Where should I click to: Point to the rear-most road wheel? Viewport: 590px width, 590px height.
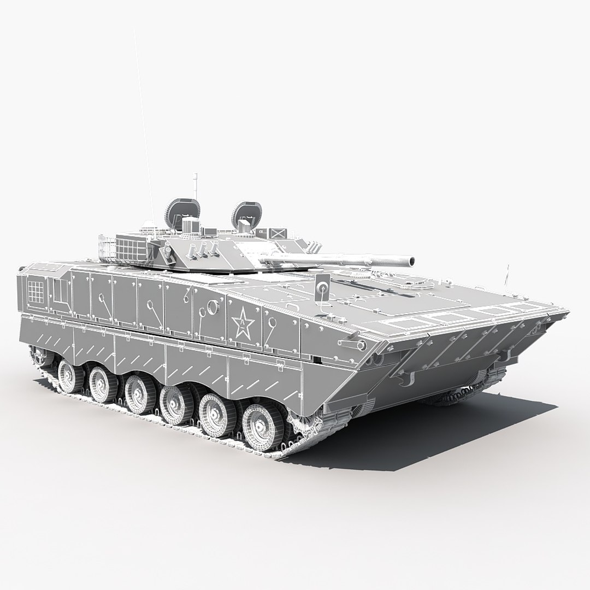point(68,374)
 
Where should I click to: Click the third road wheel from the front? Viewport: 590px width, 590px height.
point(174,403)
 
